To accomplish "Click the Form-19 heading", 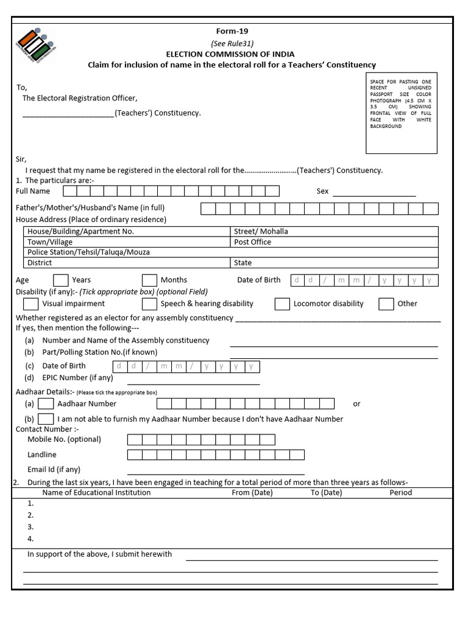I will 232,32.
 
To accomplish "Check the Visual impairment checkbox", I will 30,304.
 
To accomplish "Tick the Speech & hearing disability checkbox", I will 149,304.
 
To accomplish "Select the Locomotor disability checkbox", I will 282,304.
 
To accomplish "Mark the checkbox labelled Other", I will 386,304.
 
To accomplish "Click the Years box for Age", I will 60,280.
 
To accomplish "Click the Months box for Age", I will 149,280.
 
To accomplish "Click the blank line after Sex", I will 374,193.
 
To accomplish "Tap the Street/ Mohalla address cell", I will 334,231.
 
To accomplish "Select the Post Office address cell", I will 334,242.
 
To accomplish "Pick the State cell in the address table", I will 334,263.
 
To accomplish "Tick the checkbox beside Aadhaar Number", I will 46,403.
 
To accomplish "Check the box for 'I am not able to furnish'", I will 46,419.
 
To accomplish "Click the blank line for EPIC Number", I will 193,380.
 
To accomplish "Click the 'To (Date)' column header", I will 326,492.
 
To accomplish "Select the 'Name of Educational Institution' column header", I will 96,492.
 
